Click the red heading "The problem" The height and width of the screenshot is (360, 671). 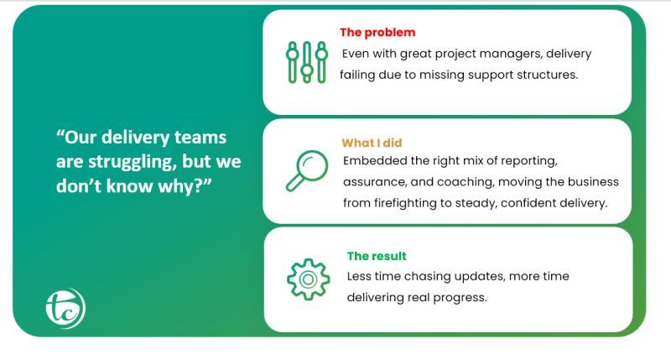pyautogui.click(x=377, y=33)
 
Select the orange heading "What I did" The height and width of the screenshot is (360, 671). pyautogui.click(x=372, y=143)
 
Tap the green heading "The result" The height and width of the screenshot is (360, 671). pyautogui.click(x=377, y=256)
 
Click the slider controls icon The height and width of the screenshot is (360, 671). pyautogui.click(x=306, y=62)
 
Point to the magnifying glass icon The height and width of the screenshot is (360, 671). pyautogui.click(x=305, y=170)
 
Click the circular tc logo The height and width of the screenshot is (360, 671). pyautogui.click(x=65, y=308)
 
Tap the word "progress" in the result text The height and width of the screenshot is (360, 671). pyautogui.click(x=461, y=297)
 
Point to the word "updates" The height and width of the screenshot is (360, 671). pyautogui.click(x=490, y=277)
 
